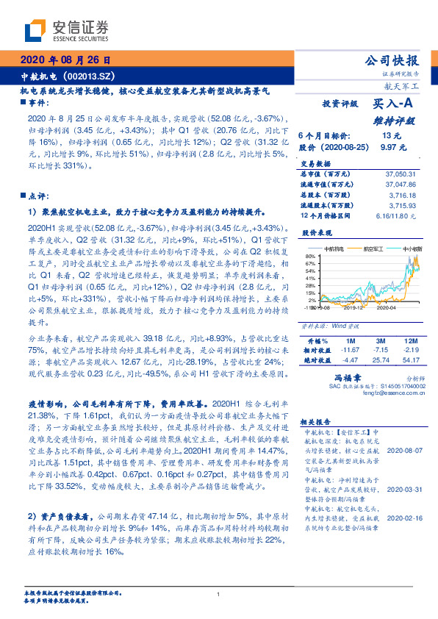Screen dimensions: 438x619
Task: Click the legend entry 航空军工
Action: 379,248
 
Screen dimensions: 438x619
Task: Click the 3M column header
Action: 379,343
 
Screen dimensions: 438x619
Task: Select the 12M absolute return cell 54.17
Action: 410,361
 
